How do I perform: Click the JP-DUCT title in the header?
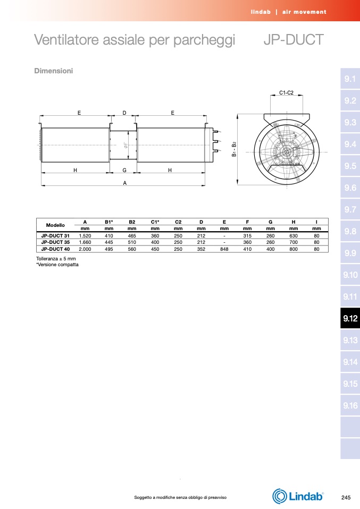[x=294, y=40]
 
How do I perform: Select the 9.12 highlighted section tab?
[x=350, y=318]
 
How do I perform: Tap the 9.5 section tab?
[x=350, y=166]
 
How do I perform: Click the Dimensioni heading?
[x=54, y=71]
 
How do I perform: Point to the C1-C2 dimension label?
[x=286, y=93]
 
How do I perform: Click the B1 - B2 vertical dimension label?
[x=234, y=149]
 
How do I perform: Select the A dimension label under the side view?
[x=125, y=183]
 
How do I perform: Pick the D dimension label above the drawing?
[x=124, y=113]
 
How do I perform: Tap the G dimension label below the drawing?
[x=124, y=170]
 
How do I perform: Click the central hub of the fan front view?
[x=286, y=151]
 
